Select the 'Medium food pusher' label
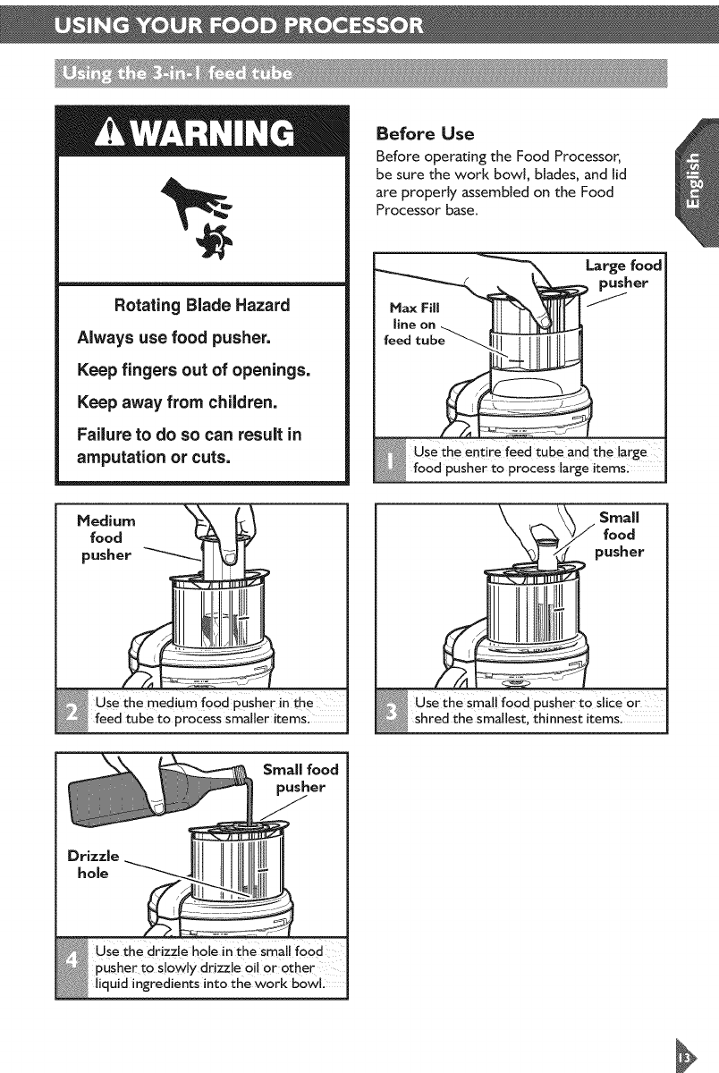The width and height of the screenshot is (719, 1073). coord(106,537)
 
